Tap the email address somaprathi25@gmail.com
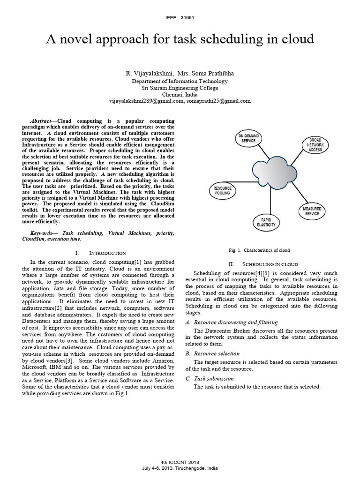(x=218, y=101)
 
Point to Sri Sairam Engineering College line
(x=180, y=87)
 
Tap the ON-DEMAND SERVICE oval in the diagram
(x=248, y=138)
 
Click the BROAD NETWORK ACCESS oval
(x=315, y=145)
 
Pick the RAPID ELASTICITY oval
(x=266, y=222)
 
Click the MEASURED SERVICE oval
(x=312, y=211)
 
